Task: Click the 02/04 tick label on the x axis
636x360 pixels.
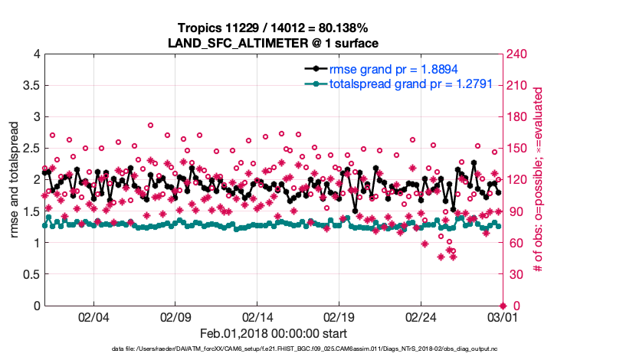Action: (x=93, y=317)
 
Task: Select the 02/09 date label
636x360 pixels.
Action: (x=175, y=317)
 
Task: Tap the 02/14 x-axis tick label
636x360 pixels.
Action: (x=257, y=317)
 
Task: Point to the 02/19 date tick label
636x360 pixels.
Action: (x=339, y=317)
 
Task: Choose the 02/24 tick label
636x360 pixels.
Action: (x=420, y=317)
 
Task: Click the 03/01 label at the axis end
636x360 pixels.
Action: (x=501, y=317)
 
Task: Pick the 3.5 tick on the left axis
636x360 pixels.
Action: (x=31, y=85)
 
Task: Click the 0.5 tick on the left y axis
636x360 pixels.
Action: (x=31, y=274)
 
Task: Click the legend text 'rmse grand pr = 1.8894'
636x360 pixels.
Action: (x=393, y=69)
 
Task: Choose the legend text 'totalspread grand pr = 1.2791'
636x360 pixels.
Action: (x=410, y=83)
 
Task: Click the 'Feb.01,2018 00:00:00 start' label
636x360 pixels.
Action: (x=274, y=333)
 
